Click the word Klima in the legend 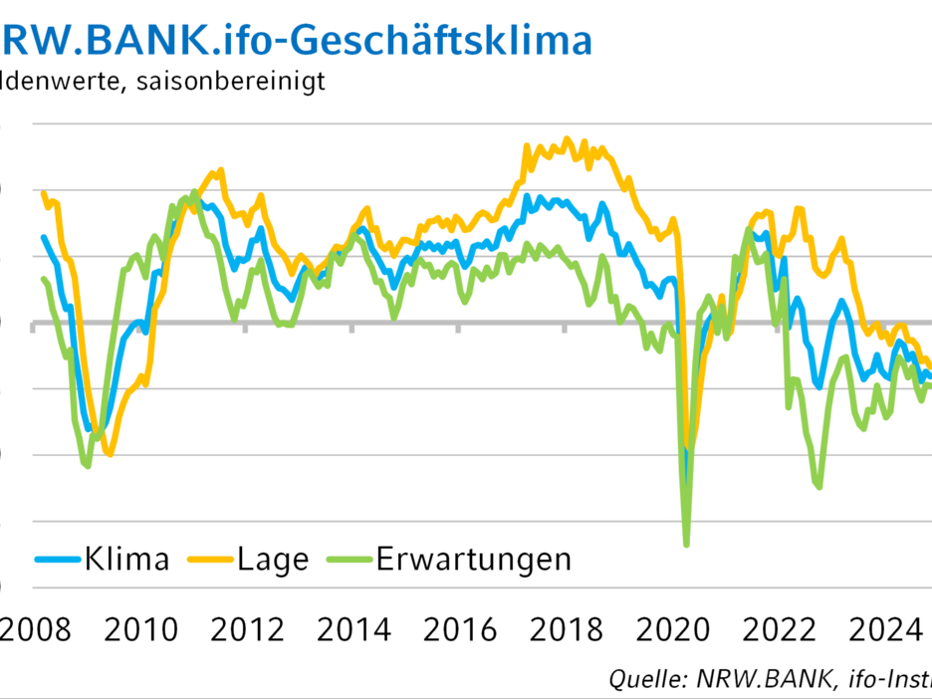coord(126,559)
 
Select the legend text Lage coord(273,559)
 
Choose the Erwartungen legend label coord(474,559)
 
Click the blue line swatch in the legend coord(58,559)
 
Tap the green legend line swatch coord(349,559)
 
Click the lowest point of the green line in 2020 coord(687,545)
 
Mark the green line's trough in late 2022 coord(819,487)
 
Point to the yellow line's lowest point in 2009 coord(110,455)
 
